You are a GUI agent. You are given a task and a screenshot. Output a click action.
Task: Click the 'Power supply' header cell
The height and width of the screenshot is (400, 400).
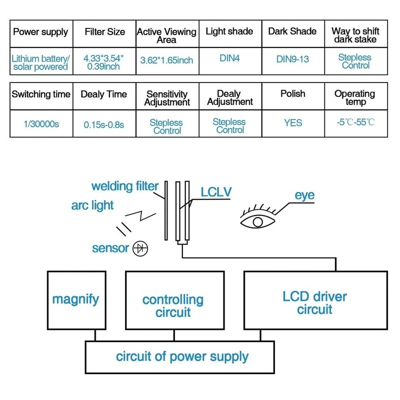(40, 32)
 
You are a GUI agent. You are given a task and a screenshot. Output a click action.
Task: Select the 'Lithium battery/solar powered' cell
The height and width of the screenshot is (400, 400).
(40, 62)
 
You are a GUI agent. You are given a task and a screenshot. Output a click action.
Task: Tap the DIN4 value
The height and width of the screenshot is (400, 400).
(229, 58)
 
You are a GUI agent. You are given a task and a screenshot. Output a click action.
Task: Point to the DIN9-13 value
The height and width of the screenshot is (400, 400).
(292, 59)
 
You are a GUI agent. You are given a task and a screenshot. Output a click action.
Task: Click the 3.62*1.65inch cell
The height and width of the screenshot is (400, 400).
(167, 60)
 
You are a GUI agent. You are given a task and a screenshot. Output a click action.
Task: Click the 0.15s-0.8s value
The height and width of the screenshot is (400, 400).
(104, 123)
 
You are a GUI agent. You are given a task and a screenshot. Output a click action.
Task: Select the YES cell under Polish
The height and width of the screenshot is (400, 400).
(292, 122)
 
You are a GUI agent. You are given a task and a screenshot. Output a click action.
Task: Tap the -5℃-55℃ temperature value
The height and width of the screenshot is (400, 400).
(355, 122)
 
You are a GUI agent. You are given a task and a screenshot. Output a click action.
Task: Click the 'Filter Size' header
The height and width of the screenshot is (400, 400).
(104, 32)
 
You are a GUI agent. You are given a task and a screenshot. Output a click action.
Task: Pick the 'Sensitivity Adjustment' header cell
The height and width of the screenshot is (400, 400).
(167, 98)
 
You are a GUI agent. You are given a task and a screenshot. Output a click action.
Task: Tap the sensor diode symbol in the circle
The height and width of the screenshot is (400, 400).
(140, 248)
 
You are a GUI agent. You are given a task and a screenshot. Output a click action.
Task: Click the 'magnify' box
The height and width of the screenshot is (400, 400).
(76, 300)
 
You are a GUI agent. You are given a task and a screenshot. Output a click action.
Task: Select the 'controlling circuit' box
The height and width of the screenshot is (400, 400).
(173, 306)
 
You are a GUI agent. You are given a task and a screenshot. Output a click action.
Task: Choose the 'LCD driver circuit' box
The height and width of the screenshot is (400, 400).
(315, 302)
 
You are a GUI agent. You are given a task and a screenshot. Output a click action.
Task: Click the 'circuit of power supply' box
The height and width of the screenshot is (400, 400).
(182, 357)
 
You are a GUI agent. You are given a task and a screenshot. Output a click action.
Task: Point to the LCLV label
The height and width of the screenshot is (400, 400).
(216, 192)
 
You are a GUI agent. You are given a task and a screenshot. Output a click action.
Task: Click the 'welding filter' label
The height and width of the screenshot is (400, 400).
(124, 186)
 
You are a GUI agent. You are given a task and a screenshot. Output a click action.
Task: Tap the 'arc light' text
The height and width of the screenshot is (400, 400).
(92, 205)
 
